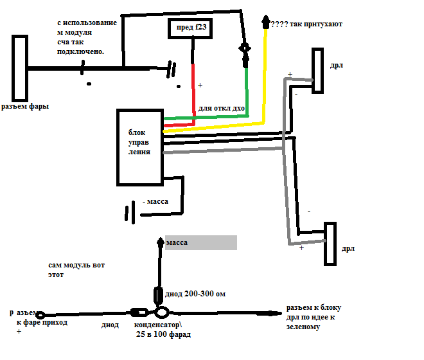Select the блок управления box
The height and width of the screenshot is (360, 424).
[x=139, y=147]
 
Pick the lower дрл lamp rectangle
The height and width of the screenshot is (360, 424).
[x=330, y=244]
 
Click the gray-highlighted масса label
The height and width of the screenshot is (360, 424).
[x=201, y=242]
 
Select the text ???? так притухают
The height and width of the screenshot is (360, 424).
[x=306, y=24]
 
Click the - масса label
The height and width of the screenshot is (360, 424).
[x=155, y=201]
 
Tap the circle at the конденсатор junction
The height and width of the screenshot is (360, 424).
[x=162, y=313]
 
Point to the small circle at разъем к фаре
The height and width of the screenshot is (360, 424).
[x=40, y=315]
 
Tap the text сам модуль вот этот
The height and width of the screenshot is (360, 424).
[x=76, y=269]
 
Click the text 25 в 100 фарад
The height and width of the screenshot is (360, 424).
[x=163, y=335]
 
